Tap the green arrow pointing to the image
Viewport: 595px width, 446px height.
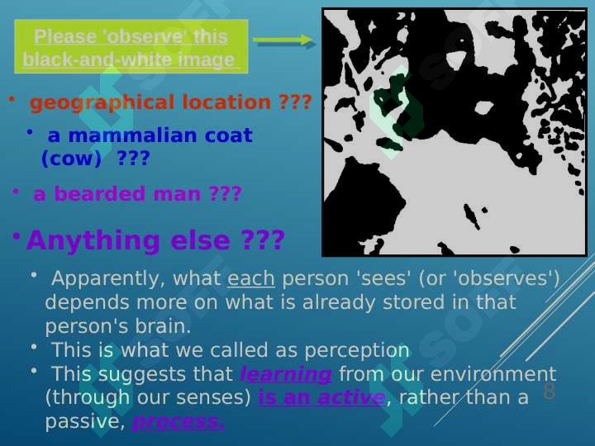[283, 40]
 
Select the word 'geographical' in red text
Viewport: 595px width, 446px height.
[102, 102]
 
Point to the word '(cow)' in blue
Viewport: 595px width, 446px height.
[72, 159]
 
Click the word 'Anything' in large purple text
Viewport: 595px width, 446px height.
[93, 241]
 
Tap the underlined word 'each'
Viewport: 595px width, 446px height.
[251, 279]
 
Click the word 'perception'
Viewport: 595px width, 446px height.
[357, 350]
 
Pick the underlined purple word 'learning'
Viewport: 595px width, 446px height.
[286, 374]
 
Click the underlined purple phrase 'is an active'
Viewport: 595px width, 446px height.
[321, 397]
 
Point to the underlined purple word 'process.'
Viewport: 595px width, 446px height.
[178, 422]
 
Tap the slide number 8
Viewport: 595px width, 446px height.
[549, 391]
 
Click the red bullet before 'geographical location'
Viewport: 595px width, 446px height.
[12, 99]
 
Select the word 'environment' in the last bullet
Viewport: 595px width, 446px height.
[493, 374]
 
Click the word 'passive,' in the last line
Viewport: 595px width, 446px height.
[85, 422]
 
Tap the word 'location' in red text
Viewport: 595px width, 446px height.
[226, 102]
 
